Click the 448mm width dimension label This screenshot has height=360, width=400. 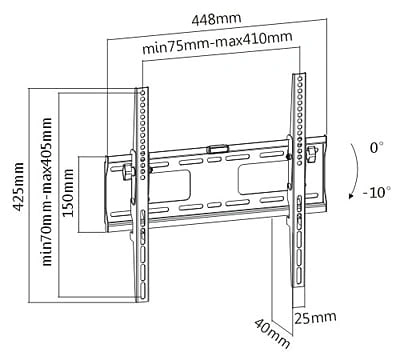216,19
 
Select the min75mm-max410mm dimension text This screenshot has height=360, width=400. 217,43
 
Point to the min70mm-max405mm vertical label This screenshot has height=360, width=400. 47,191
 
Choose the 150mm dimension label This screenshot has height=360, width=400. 69,193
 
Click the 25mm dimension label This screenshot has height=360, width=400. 315,318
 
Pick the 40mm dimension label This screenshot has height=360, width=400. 272,334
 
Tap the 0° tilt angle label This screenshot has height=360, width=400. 376,147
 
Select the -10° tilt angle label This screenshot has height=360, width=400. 377,192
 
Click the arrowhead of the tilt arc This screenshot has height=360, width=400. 351,196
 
